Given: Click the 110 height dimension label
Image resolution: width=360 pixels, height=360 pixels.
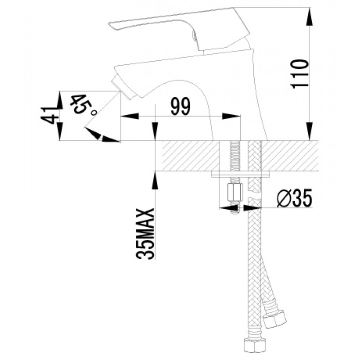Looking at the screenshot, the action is pos(299,74).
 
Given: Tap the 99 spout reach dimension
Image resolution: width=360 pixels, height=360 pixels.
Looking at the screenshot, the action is pos(181,107).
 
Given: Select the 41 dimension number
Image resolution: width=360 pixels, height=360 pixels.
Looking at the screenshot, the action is pos(49,115).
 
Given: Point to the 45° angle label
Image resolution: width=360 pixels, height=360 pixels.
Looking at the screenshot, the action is pos(83,104).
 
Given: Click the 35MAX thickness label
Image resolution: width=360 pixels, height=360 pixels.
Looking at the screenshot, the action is pos(145,234).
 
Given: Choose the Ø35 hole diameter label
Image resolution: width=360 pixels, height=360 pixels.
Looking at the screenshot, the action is pos(295,198).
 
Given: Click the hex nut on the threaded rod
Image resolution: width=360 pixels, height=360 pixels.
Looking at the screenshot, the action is pos(234,192).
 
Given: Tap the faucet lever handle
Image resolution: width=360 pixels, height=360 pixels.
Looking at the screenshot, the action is pos(179,27).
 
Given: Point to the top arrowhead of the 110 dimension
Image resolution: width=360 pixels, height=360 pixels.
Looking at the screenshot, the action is pos(309,17).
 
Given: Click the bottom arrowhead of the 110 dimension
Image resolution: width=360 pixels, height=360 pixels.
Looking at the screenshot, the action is pos(309,131).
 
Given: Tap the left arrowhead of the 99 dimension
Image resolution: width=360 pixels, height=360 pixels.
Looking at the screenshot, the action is pos(130,116).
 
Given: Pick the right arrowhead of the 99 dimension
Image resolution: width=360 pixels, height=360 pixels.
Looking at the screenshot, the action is pos(231,116).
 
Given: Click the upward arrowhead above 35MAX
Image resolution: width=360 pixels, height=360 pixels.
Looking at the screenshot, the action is pos(155,180).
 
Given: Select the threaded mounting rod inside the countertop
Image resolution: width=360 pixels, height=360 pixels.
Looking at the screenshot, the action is pos(234,156).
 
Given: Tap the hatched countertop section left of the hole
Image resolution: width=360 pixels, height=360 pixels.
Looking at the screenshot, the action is pos(191,156).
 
